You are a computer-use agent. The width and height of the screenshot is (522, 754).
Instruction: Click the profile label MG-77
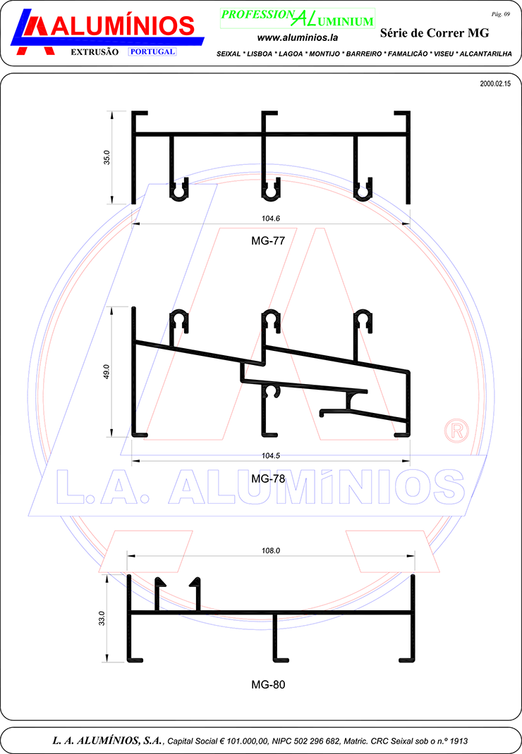coord(268,240)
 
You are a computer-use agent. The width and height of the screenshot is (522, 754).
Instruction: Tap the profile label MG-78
coord(268,478)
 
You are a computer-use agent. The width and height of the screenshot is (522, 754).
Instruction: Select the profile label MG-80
coord(268,684)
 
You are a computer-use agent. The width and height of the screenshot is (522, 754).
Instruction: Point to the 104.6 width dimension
coord(271,218)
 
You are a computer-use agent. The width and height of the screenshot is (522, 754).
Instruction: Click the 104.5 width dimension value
coord(271,455)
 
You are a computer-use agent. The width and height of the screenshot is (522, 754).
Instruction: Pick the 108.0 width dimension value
coord(271,550)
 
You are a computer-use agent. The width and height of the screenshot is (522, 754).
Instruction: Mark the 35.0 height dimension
coord(107,157)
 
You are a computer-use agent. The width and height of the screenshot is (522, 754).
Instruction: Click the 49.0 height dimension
coord(107,371)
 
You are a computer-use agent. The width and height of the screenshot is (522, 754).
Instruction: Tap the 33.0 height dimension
coord(102,619)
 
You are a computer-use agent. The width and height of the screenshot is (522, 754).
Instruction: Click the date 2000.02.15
coord(495,84)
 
